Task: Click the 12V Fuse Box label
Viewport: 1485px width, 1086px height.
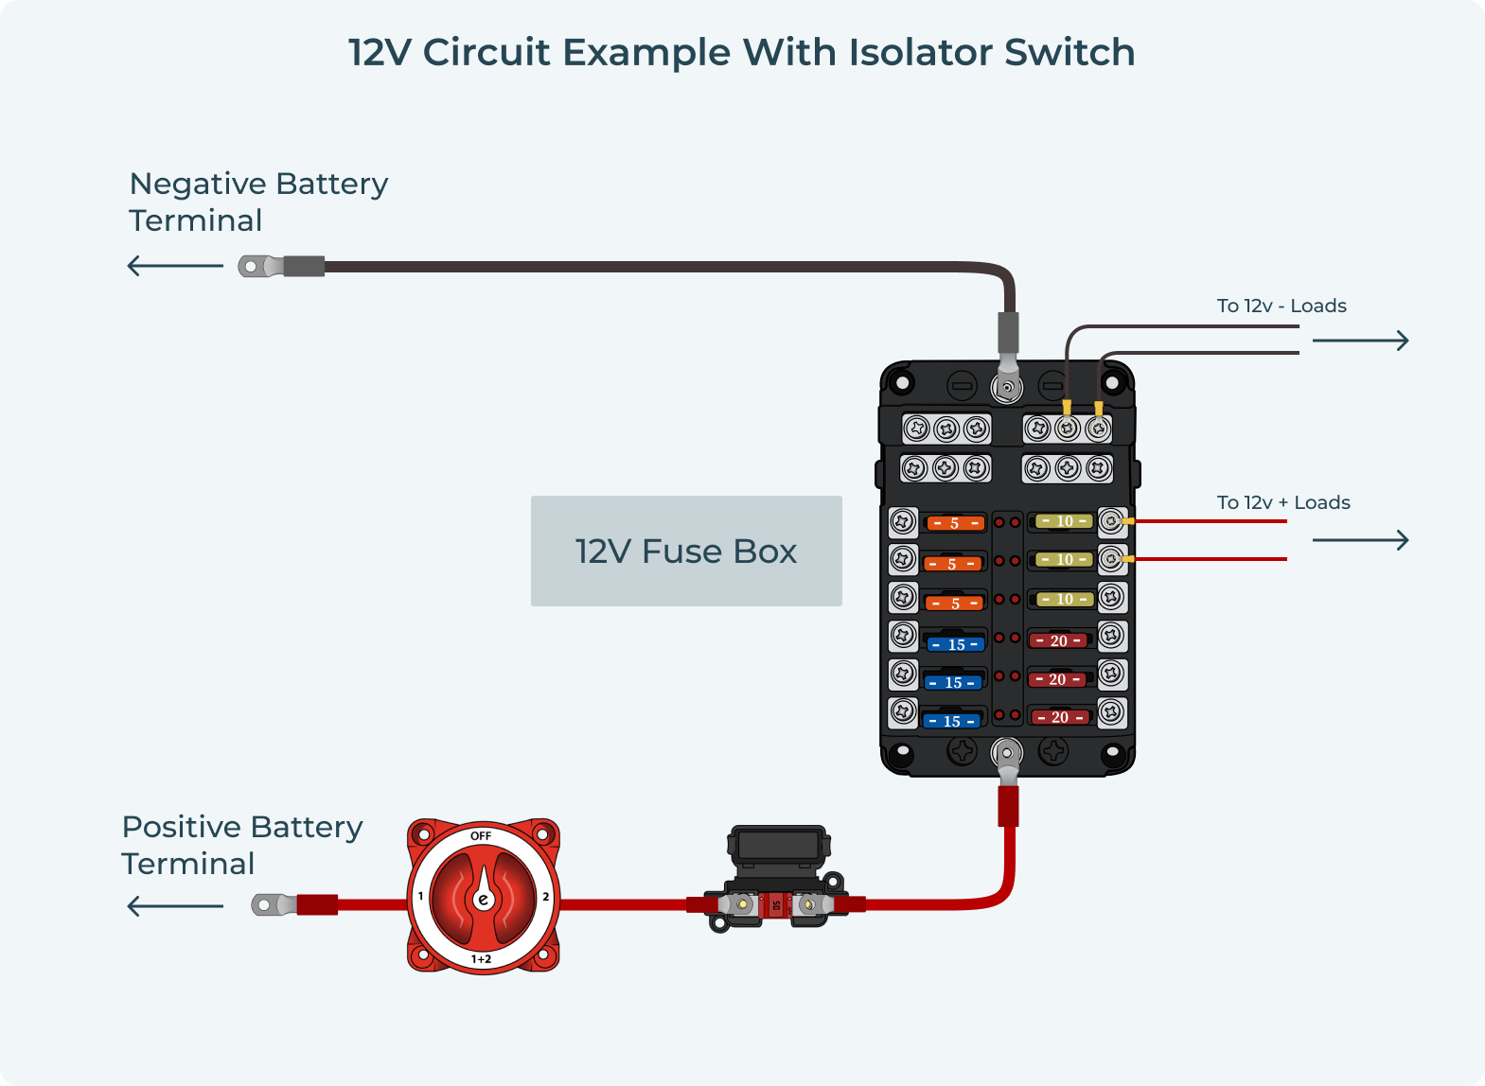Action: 686,552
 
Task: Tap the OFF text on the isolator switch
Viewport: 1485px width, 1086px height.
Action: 481,836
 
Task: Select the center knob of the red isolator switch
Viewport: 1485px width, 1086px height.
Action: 483,899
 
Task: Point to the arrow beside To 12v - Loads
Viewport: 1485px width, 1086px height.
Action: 1360,341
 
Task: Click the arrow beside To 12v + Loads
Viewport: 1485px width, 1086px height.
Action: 1360,540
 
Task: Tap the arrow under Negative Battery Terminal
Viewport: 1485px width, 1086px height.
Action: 175,266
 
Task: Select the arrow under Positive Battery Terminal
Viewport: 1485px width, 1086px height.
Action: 175,906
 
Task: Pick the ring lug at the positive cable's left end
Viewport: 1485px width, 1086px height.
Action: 266,905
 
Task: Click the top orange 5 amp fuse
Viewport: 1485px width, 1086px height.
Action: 954,523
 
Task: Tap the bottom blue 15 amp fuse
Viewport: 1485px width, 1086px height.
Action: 952,721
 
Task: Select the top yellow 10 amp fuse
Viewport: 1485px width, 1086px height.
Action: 1065,521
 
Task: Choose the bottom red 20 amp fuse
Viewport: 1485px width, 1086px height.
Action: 1060,717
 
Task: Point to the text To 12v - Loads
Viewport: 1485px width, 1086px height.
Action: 1282,306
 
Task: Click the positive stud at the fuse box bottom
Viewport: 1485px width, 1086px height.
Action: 1007,754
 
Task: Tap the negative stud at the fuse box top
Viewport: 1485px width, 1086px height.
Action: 1007,387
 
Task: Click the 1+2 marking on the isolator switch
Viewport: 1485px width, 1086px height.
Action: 481,959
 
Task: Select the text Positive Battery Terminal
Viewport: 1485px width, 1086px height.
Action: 241,845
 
